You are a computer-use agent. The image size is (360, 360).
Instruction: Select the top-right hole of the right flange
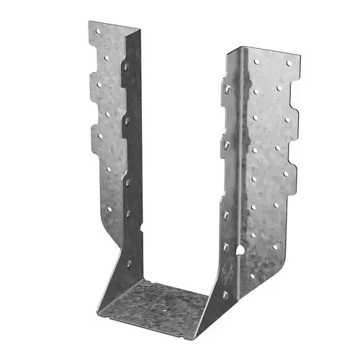click(289, 63)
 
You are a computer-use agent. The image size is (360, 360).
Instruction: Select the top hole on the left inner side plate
click(127, 66)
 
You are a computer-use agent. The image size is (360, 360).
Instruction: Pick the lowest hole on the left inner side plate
click(130, 213)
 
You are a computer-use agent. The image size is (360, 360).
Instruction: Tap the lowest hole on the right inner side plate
click(225, 295)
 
